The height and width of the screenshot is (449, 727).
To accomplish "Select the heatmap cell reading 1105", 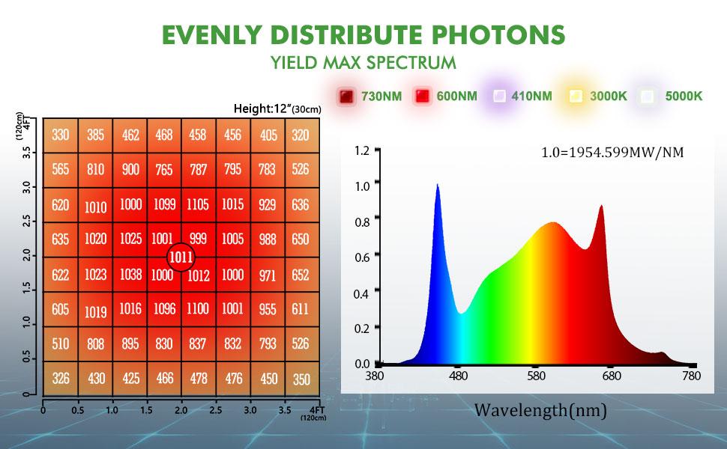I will click(199, 204).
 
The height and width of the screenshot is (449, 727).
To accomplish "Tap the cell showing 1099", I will click(163, 204).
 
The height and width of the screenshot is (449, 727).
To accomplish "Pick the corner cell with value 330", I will click(61, 135).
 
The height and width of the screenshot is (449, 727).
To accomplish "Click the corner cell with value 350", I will click(301, 379).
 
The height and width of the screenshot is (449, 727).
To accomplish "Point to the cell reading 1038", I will click(130, 275).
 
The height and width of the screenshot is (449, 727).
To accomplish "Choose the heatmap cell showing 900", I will click(130, 170).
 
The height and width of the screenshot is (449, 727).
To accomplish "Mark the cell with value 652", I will click(301, 275).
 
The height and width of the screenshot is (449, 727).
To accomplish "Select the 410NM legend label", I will click(531, 96).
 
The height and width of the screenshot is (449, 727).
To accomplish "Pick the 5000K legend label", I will click(681, 96).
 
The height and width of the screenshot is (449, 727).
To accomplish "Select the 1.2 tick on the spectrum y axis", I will click(362, 150).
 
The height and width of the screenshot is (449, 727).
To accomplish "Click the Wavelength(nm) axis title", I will click(540, 410).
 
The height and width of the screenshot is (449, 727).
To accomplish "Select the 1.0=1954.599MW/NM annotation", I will click(612, 153).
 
